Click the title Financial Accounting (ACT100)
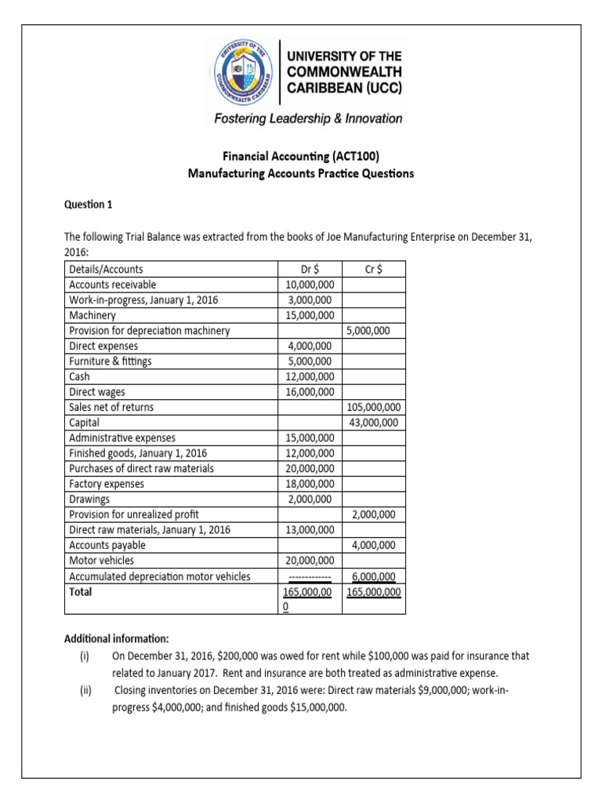(x=301, y=158)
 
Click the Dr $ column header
(x=314, y=270)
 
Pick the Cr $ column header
(x=374, y=270)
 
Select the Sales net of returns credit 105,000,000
(x=373, y=407)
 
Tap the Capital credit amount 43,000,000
(x=373, y=423)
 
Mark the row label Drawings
(x=89, y=499)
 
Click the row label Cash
(x=80, y=376)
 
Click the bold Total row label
(x=81, y=592)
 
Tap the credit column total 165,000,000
(x=373, y=592)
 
